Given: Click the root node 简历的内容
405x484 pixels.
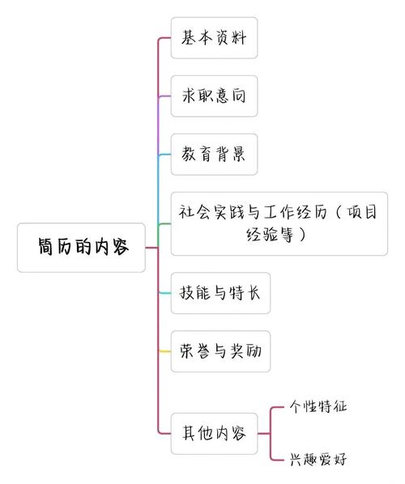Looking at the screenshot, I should [x=82, y=248].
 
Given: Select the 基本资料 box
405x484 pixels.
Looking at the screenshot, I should [x=214, y=38].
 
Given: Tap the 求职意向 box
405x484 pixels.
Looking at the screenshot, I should [x=214, y=96].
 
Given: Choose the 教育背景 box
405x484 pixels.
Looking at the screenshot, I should [x=214, y=155].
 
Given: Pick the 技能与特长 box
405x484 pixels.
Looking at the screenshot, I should [x=220, y=293].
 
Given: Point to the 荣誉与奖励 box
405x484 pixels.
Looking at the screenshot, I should [x=220, y=351].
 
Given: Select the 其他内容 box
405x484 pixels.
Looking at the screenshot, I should [x=214, y=432].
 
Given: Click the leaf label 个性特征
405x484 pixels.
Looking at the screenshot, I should [x=318, y=406].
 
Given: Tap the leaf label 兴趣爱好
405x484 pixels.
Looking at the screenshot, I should [x=318, y=458].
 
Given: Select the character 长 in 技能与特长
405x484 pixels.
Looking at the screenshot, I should [x=254, y=293].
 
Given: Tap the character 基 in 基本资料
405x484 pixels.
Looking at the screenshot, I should [x=188, y=38].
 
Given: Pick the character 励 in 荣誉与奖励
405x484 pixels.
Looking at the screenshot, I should [x=254, y=351].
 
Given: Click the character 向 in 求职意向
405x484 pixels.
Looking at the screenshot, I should [x=239, y=96].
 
